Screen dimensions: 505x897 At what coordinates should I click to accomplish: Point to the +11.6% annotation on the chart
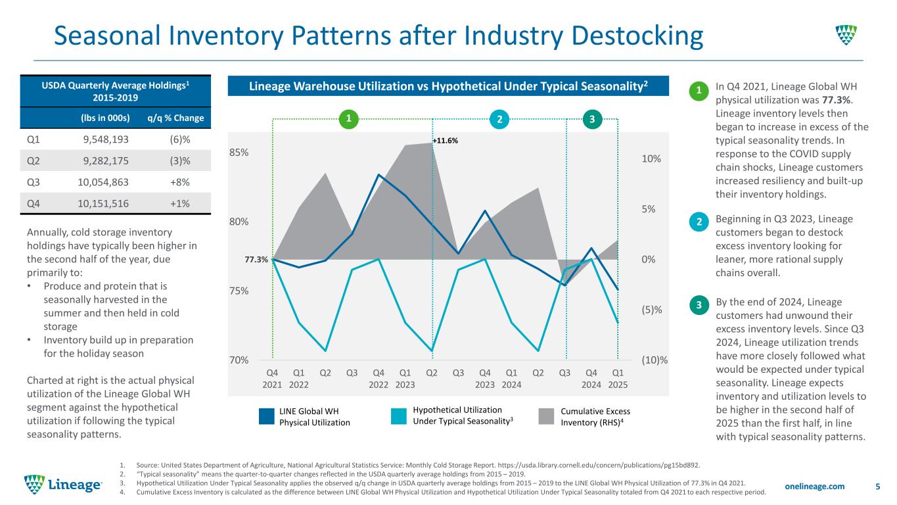click(x=446, y=141)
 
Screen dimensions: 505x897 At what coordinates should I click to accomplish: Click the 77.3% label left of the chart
click(x=256, y=260)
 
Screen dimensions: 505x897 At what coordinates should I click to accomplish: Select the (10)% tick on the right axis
click(x=655, y=360)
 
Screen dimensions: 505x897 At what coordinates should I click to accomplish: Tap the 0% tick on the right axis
click(x=651, y=260)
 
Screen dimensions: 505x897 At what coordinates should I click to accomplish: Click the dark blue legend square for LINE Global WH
click(x=267, y=416)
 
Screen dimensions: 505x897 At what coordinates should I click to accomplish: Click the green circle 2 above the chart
click(x=500, y=119)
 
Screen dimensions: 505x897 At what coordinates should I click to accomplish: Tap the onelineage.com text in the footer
click(x=814, y=486)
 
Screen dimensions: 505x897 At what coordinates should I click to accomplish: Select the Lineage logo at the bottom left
click(x=63, y=485)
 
